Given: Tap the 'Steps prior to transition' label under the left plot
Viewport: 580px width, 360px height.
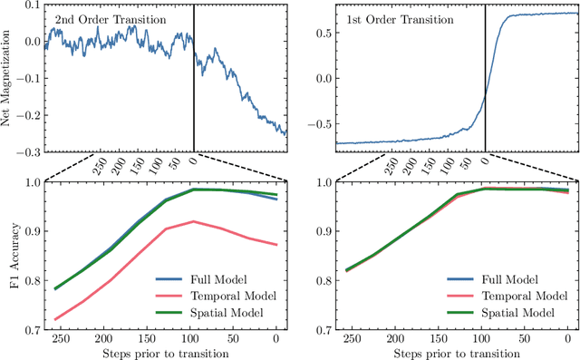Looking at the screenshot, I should (164, 353).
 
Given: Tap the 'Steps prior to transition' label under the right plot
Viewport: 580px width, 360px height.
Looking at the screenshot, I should (456, 353).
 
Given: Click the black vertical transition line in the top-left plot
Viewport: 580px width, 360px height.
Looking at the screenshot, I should (194, 91).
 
